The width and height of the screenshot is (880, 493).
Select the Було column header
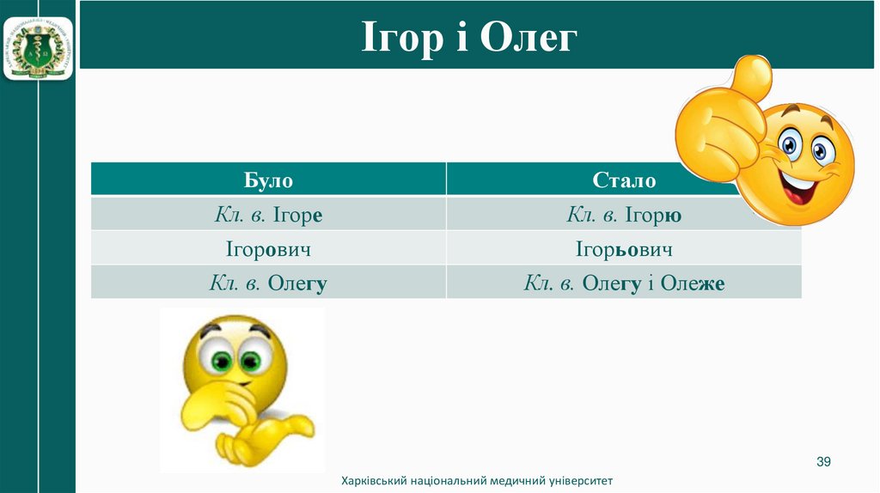[x=268, y=180]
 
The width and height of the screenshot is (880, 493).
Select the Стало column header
[x=624, y=180]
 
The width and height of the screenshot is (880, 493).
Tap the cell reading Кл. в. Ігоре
[x=268, y=215]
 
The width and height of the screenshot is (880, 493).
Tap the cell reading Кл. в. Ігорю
[x=624, y=215]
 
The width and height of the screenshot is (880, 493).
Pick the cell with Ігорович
[x=268, y=250]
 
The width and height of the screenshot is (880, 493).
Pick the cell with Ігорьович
[x=624, y=250]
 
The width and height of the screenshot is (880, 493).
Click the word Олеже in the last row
[x=694, y=283]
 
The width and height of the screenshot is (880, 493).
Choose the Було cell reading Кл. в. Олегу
[x=268, y=283]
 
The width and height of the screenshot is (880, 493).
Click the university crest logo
[x=38, y=49]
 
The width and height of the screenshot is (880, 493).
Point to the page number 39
[x=823, y=463]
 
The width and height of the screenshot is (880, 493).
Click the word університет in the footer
[x=579, y=482]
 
